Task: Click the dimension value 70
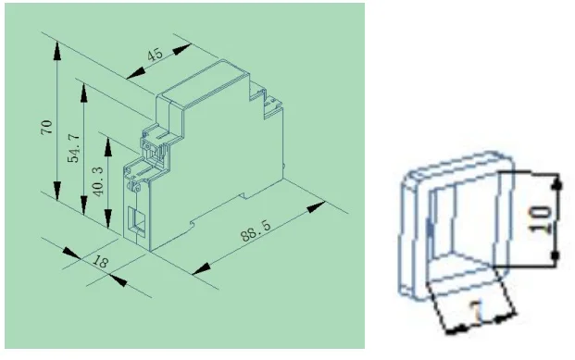point(47,127)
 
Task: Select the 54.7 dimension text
point(74,148)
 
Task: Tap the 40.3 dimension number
point(98,181)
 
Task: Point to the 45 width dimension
point(155,55)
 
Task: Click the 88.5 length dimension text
point(256,230)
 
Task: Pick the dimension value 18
point(100,261)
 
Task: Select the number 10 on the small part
point(541,219)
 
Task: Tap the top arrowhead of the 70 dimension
point(56,51)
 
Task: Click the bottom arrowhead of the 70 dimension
point(56,191)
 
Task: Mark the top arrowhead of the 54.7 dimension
point(84,93)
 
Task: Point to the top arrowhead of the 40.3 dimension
point(107,146)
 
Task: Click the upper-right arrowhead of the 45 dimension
point(181,49)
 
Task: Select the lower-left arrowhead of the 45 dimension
point(136,73)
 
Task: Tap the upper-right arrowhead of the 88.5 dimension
point(316,206)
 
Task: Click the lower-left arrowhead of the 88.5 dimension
point(201,268)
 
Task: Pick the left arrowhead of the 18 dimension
point(71,253)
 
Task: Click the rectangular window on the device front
point(136,219)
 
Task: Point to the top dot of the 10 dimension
point(557,185)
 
